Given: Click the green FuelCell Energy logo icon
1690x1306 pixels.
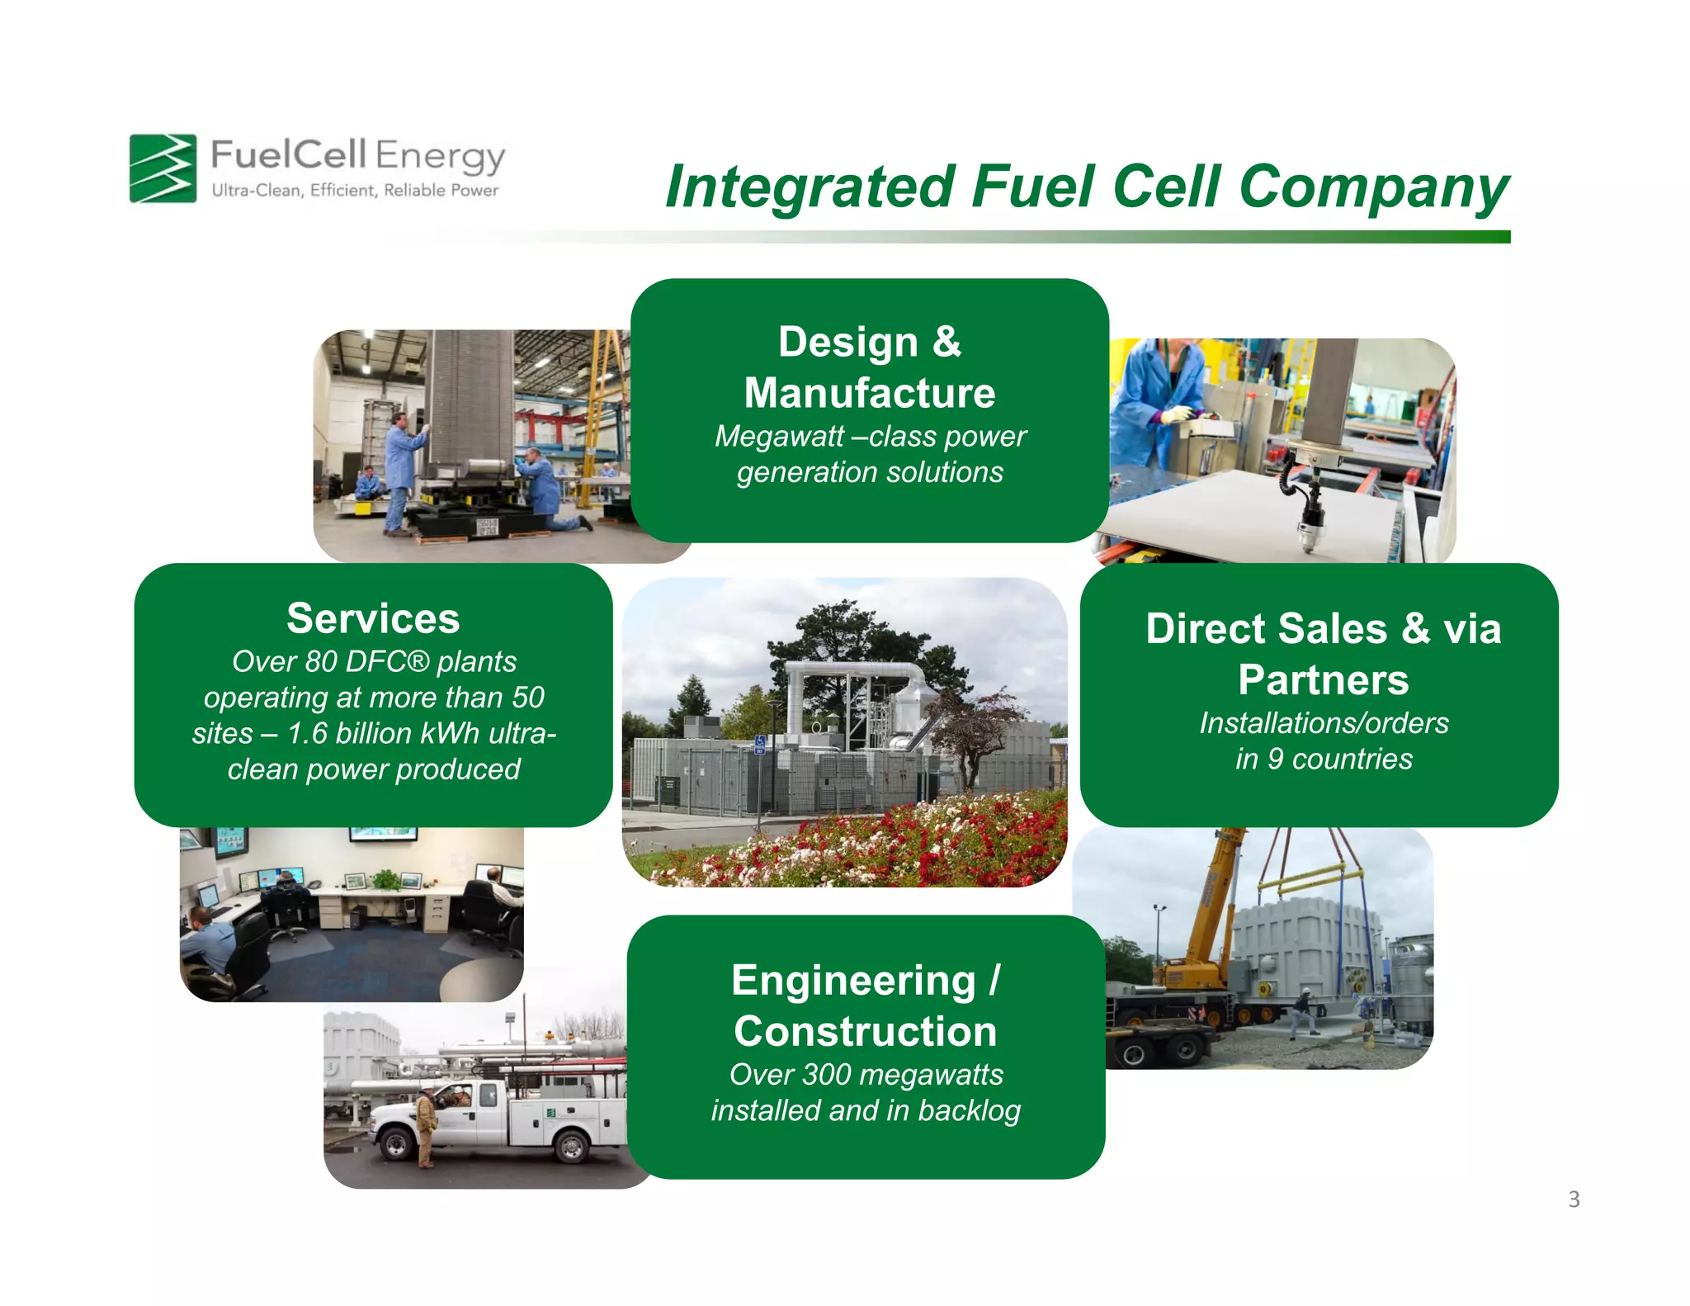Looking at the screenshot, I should tap(163, 168).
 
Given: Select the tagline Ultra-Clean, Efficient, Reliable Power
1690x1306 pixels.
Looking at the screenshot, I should tap(355, 191).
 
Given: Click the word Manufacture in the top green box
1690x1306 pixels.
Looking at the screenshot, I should tap(869, 393).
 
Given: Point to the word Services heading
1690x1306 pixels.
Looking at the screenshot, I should tap(373, 618).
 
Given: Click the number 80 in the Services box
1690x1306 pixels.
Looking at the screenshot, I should tap(321, 662).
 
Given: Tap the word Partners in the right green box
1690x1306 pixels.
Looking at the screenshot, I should tap(1323, 680).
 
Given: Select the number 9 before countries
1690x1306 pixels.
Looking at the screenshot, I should tap(1275, 759).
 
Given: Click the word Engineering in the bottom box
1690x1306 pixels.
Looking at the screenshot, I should tap(853, 981).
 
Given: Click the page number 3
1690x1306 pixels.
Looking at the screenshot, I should tap(1574, 1200).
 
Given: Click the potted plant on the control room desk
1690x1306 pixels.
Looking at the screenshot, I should tap(386, 880).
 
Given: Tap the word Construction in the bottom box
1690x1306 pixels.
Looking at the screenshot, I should tap(865, 1032).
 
